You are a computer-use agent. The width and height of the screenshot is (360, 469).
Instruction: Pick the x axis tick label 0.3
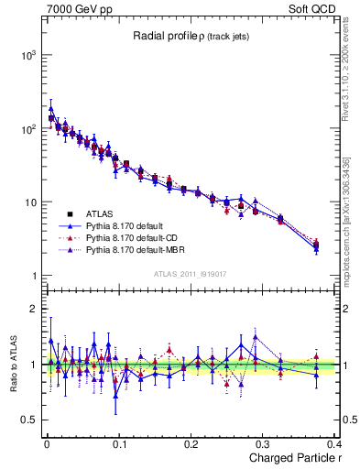point(263,443)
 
